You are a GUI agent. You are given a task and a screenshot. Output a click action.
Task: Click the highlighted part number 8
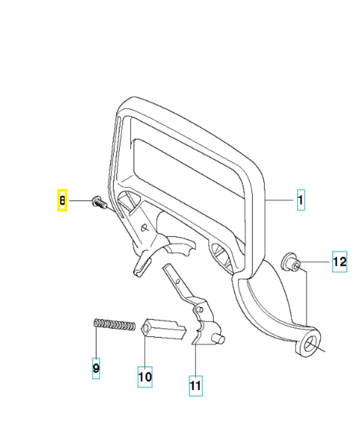[62, 201]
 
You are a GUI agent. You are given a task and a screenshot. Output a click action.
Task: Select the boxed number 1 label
[300, 200]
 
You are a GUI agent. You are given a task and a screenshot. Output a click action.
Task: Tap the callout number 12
[339, 261]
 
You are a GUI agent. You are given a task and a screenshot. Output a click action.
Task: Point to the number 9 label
[96, 367]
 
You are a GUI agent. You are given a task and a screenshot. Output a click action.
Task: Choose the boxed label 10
[145, 377]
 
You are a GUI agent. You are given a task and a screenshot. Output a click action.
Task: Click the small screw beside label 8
[99, 202]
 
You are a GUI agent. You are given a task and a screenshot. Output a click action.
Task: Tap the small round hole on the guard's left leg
[144, 227]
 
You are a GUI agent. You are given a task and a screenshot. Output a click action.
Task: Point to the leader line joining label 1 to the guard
[281, 200]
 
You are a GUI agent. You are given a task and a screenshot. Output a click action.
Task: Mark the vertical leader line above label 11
[195, 360]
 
